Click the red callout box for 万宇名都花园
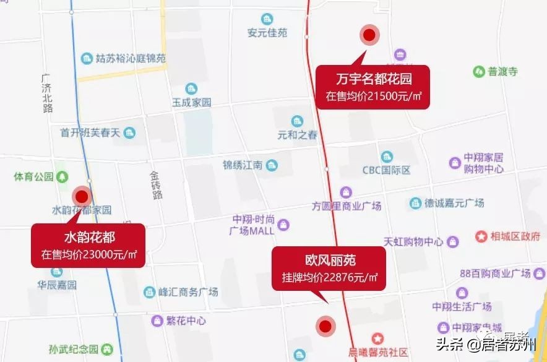point(374,87)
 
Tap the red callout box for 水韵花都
point(89,245)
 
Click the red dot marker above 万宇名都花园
point(369,36)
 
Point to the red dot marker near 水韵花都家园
point(82,196)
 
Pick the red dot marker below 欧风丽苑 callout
point(324,325)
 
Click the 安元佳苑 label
point(267,33)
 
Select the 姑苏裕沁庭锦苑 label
point(131,59)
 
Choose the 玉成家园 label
point(192,102)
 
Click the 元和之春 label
point(298,134)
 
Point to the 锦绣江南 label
point(243,165)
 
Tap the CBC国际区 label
point(387,170)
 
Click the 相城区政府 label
point(515,236)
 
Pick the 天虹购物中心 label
point(413,241)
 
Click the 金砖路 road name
point(157,185)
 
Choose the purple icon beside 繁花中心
point(157,321)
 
